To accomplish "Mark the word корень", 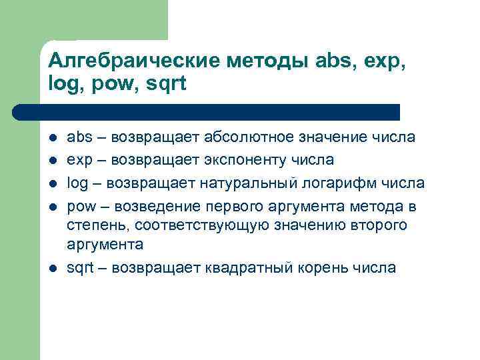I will (x=339, y=268).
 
